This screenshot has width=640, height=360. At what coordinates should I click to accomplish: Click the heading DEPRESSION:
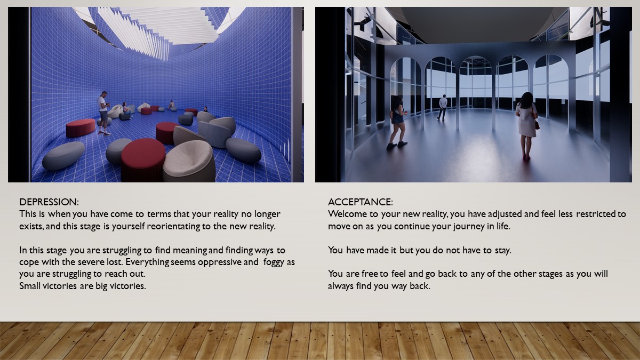[x=49, y=202]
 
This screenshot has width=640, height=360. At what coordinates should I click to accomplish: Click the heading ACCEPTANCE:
[x=361, y=202]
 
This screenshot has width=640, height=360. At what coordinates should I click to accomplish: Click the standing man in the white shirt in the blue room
[x=103, y=113]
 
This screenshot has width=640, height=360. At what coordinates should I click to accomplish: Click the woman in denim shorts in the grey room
[x=398, y=122]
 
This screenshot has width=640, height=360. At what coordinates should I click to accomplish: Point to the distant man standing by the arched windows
[x=442, y=107]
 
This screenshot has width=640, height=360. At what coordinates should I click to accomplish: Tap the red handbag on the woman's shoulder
[x=537, y=125]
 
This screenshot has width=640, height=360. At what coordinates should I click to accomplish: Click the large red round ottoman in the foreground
[x=143, y=160]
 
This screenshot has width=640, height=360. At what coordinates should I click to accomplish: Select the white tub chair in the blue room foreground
[x=189, y=162]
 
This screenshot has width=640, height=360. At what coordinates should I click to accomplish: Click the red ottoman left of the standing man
[x=81, y=128]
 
